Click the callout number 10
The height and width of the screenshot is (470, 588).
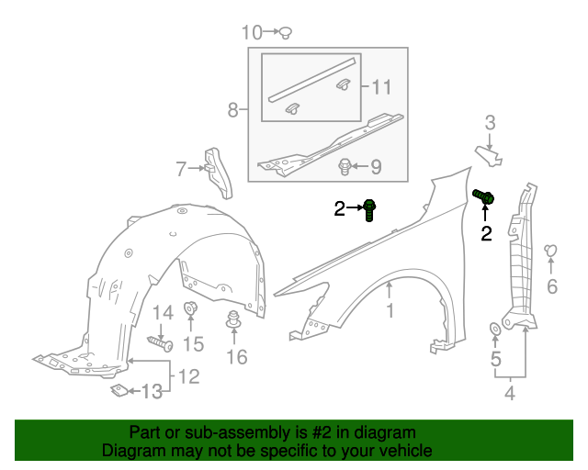pyautogui.click(x=252, y=32)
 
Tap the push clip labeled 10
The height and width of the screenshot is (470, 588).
pyautogui.click(x=286, y=33)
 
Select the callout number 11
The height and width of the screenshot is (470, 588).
pyautogui.click(x=381, y=87)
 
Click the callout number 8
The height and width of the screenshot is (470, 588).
pyautogui.click(x=232, y=110)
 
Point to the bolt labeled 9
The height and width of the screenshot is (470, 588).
pyautogui.click(x=345, y=167)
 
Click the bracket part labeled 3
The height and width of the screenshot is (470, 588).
pyautogui.click(x=489, y=155)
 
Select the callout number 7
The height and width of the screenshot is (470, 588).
pyautogui.click(x=181, y=169)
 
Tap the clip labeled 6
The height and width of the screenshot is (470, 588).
pyautogui.click(x=550, y=251)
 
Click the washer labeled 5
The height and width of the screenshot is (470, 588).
pyautogui.click(x=495, y=330)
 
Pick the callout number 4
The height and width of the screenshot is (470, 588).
pyautogui.click(x=510, y=393)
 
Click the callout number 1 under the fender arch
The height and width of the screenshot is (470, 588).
pyautogui.click(x=390, y=310)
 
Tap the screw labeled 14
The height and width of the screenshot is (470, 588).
pyautogui.click(x=160, y=343)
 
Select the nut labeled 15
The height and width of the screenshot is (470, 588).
pyautogui.click(x=190, y=308)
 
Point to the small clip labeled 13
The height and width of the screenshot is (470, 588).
pyautogui.click(x=119, y=390)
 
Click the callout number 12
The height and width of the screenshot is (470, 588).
pyautogui.click(x=189, y=376)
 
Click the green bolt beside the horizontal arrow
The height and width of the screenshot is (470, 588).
pyautogui.click(x=369, y=210)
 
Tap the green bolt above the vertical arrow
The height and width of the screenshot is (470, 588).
pyautogui.click(x=483, y=196)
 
